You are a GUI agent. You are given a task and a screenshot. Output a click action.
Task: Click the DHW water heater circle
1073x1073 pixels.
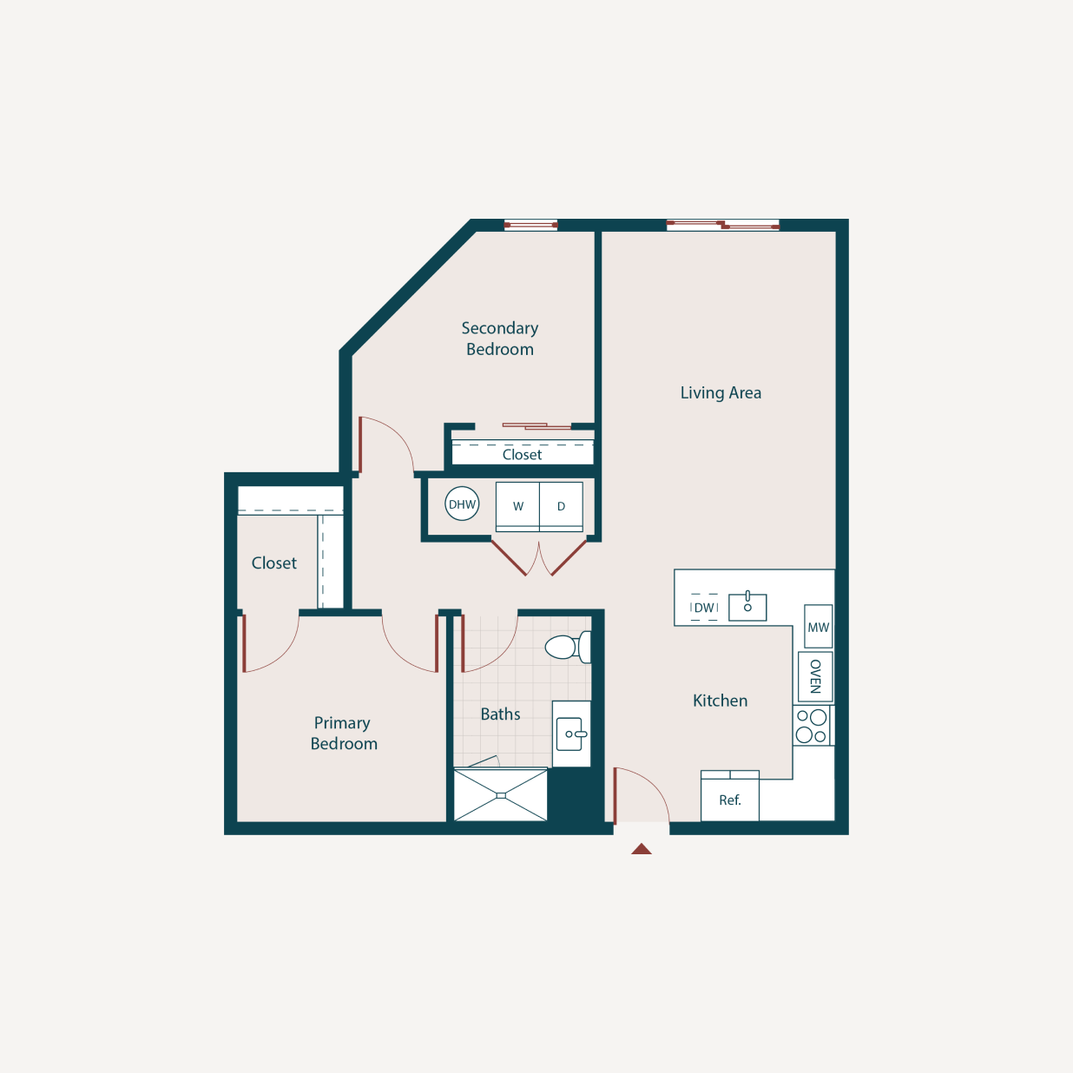click(x=462, y=504)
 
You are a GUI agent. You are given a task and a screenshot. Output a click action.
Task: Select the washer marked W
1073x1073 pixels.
click(x=517, y=506)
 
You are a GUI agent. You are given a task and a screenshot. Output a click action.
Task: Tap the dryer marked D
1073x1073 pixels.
click(x=561, y=506)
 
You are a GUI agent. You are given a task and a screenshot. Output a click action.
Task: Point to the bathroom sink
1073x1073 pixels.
click(x=571, y=734)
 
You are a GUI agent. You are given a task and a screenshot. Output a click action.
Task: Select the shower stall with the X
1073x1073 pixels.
click(x=501, y=795)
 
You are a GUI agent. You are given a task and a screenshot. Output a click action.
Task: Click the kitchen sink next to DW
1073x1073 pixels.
click(x=747, y=606)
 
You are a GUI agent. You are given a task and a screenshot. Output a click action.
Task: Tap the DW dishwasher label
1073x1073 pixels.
click(x=704, y=608)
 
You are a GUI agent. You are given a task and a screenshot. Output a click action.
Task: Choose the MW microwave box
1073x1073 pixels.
click(x=818, y=627)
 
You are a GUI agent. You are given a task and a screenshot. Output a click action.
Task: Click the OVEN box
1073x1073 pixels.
click(x=815, y=676)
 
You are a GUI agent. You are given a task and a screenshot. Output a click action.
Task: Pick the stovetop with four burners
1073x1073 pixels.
click(x=812, y=726)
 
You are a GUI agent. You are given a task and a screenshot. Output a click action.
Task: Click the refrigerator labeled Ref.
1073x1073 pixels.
click(x=730, y=800)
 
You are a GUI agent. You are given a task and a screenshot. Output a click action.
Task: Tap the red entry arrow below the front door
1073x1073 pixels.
click(x=642, y=849)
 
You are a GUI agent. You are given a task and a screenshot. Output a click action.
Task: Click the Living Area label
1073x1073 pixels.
click(x=721, y=392)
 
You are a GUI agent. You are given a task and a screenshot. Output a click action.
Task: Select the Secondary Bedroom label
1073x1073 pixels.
click(x=500, y=339)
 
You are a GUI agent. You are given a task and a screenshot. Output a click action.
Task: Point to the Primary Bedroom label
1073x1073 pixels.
click(x=343, y=734)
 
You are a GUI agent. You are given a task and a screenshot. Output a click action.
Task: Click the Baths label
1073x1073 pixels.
click(x=501, y=714)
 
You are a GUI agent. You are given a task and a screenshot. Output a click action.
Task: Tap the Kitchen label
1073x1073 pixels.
click(x=720, y=701)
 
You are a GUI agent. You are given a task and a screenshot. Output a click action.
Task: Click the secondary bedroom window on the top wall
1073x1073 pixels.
click(x=530, y=225)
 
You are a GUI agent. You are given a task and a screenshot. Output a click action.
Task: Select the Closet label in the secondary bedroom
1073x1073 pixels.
click(x=522, y=455)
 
